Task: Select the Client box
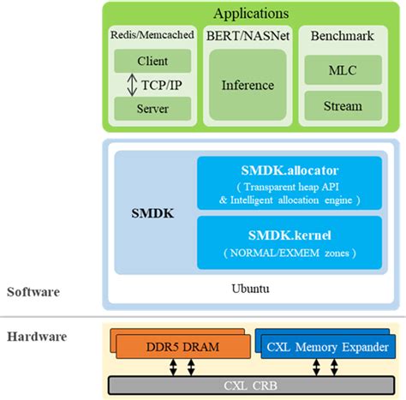pos(152,61)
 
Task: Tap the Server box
pos(152,109)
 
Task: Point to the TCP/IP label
pos(161,85)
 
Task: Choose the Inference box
pos(248,85)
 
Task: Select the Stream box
pos(343,106)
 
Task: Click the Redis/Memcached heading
pos(152,35)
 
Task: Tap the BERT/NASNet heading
pos(248,35)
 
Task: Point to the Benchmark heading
pos(343,35)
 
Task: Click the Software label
pos(33,291)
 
